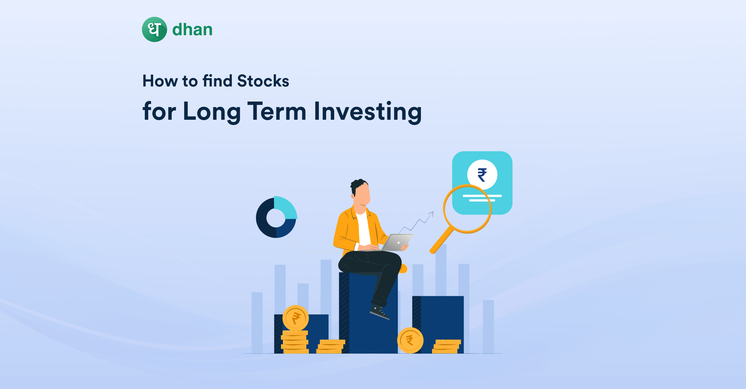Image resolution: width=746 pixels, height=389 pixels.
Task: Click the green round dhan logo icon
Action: (x=155, y=29)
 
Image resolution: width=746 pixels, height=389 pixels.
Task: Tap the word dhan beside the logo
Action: (x=192, y=29)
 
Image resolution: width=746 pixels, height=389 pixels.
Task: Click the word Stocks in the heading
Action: (x=263, y=81)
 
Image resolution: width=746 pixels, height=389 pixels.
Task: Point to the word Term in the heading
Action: (x=277, y=111)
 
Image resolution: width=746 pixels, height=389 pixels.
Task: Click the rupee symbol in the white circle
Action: (x=482, y=175)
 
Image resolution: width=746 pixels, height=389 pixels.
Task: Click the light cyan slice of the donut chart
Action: (x=286, y=208)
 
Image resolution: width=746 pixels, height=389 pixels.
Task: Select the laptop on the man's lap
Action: (x=397, y=242)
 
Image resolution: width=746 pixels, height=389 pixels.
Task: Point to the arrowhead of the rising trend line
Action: (x=431, y=214)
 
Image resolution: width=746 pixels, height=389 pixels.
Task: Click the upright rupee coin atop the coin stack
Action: (x=296, y=318)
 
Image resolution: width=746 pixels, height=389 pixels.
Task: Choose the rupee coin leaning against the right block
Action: (x=410, y=340)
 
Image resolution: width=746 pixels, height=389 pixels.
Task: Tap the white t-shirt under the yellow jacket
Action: (x=364, y=228)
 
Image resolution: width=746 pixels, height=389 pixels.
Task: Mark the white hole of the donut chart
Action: (x=276, y=218)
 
